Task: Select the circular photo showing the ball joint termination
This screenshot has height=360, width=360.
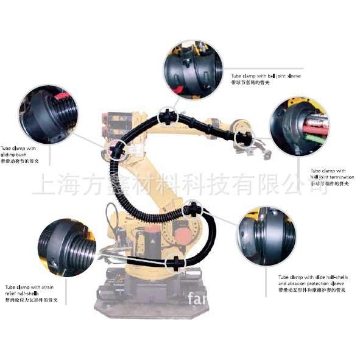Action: pyautogui.click(x=299, y=126)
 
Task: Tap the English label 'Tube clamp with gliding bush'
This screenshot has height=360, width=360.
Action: pyautogui.click(x=19, y=152)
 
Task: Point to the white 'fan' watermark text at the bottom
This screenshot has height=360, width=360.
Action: pyautogui.click(x=200, y=298)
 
